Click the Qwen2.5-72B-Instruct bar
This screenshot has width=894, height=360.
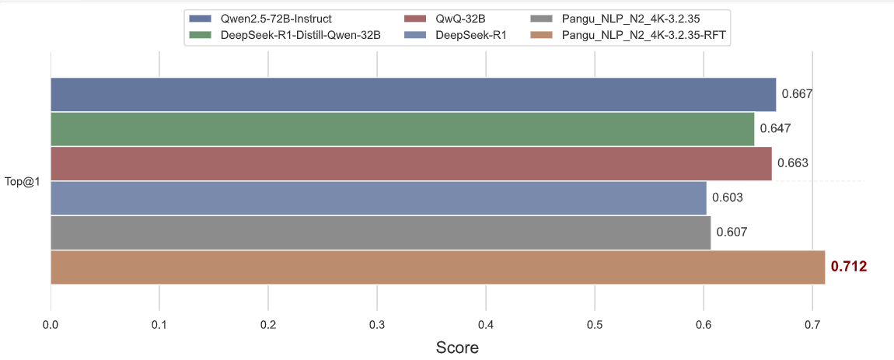[413, 94]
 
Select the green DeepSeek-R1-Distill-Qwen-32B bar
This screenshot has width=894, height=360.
[402, 128]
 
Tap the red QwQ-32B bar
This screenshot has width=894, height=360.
[410, 163]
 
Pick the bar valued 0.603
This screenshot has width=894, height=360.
[378, 197]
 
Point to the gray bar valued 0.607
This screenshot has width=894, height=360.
[380, 232]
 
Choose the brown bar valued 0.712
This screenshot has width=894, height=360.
[438, 267]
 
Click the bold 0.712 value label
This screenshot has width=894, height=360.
[849, 267]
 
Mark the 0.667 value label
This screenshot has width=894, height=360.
[797, 94]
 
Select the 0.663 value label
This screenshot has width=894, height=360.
[794, 163]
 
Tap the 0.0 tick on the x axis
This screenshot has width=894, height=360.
[51, 323]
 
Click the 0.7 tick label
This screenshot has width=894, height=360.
[812, 323]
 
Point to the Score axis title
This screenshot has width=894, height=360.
[457, 347]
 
